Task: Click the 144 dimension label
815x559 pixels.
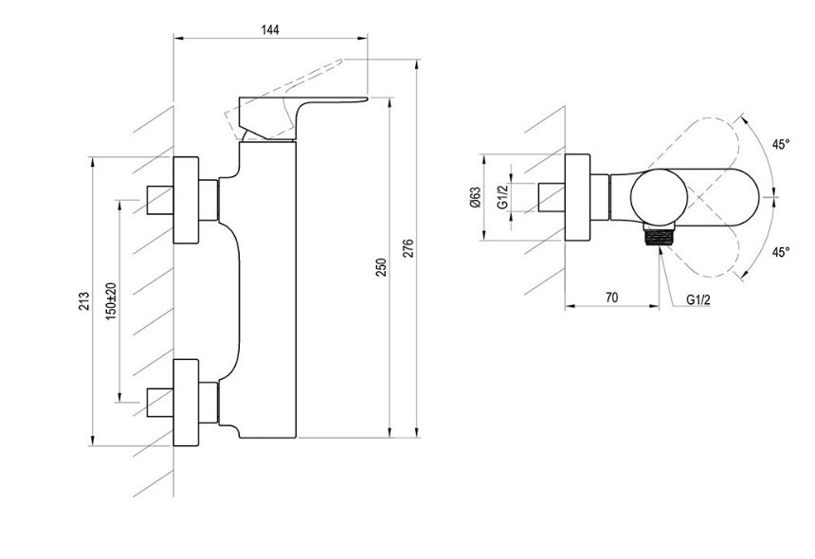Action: [270, 29]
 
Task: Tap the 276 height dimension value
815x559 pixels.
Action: [408, 248]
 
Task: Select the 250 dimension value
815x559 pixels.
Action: [382, 267]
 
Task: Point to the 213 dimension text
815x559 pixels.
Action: [83, 301]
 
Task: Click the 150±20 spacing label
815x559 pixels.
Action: [111, 301]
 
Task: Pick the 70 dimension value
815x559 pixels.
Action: [612, 298]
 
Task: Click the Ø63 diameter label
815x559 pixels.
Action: [476, 197]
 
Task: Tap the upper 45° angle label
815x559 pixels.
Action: [780, 144]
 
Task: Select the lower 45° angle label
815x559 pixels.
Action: [780, 252]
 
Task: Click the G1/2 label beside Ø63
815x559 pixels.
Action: [502, 197]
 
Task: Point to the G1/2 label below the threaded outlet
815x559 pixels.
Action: [698, 299]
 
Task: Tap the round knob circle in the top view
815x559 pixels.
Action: [659, 197]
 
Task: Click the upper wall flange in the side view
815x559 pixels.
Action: [186, 200]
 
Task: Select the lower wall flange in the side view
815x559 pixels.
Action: [186, 402]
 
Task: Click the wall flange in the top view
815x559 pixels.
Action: [577, 197]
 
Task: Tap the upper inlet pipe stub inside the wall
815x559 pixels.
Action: [159, 200]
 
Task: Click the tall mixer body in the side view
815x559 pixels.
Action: [267, 289]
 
